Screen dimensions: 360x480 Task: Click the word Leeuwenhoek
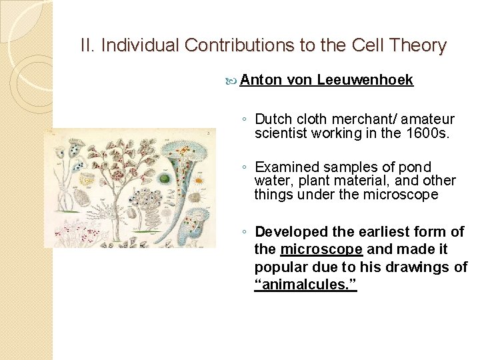tap(365, 80)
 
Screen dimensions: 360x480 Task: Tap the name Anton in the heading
tap(261, 80)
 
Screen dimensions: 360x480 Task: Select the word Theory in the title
tap(420, 45)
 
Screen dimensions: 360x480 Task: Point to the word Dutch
tap(273, 119)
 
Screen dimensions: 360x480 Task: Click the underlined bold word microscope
tap(322, 249)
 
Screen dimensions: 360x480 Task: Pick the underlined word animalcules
tap(306, 285)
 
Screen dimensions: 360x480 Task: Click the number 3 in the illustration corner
tap(209, 134)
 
